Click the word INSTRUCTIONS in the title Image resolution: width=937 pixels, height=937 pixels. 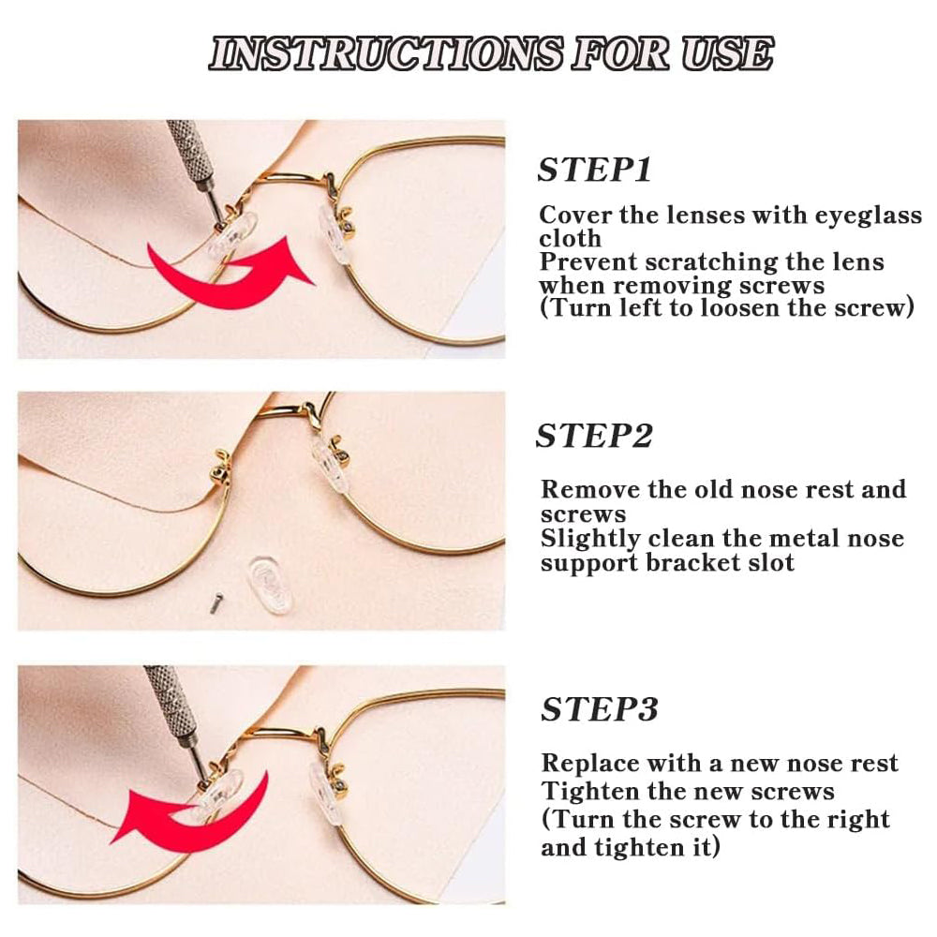(x=385, y=53)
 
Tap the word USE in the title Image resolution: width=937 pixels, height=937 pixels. (x=727, y=53)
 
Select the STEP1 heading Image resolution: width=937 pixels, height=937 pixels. (x=594, y=170)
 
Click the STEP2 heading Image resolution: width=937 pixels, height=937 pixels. (x=594, y=436)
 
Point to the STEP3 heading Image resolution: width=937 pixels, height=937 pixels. (x=600, y=709)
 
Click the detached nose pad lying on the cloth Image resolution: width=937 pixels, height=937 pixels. (x=270, y=585)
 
